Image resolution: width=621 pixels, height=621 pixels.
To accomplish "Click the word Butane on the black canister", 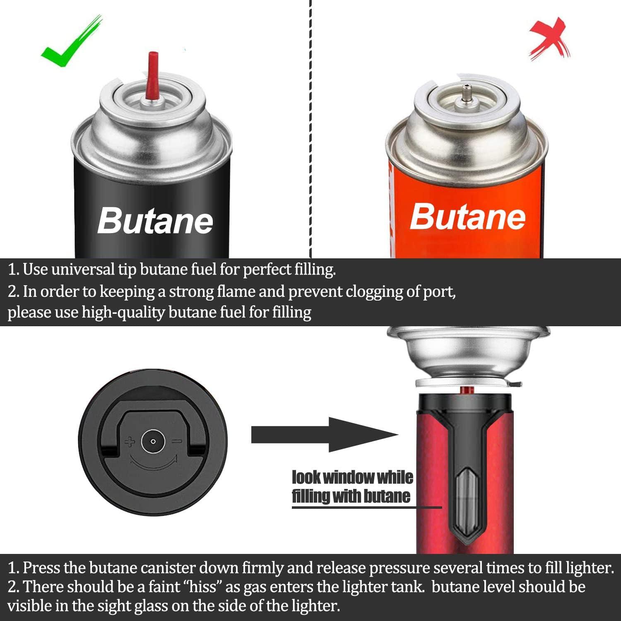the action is coord(155,221).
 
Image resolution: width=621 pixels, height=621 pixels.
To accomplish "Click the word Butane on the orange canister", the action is coord(468,217).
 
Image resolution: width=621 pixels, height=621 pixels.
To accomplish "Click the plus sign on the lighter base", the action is coord(130,442).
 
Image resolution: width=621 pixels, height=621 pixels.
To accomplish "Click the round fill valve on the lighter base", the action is coord(153,442).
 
